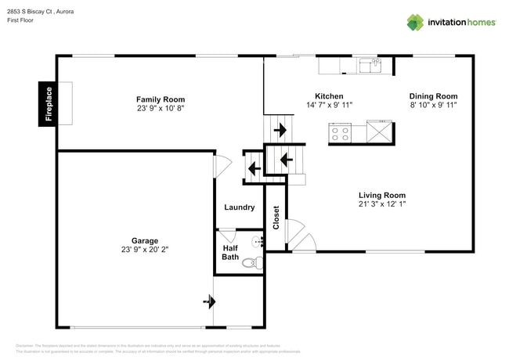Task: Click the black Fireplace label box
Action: pyautogui.click(x=48, y=103)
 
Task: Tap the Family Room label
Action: pyautogui.click(x=161, y=99)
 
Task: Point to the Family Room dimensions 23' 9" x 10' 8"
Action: pyautogui.click(x=161, y=110)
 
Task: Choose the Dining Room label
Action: pyautogui.click(x=433, y=96)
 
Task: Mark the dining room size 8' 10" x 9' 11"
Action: pyautogui.click(x=433, y=105)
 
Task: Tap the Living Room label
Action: pyautogui.click(x=382, y=195)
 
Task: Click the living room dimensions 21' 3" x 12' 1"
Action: pyautogui.click(x=382, y=204)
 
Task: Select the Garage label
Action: pyautogui.click(x=145, y=240)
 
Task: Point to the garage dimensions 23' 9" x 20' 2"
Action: pyautogui.click(x=145, y=250)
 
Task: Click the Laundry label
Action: pyautogui.click(x=240, y=207)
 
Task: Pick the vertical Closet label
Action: pyautogui.click(x=276, y=218)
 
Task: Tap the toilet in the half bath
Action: pyautogui.click(x=249, y=264)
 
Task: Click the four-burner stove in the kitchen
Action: pyautogui.click(x=340, y=133)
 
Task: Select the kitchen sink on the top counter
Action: pyautogui.click(x=370, y=65)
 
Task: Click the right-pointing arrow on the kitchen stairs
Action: pyautogui.click(x=280, y=130)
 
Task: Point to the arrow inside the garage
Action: pyautogui.click(x=208, y=300)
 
